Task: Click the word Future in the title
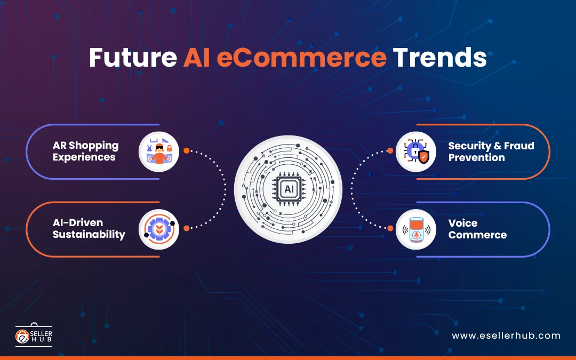(x=133, y=57)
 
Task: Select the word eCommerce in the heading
(x=301, y=57)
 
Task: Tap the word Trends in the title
(x=439, y=57)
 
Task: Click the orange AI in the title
(x=196, y=57)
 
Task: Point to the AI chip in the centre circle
(x=289, y=189)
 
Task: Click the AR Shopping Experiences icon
(x=159, y=151)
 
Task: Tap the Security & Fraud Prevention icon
(x=416, y=151)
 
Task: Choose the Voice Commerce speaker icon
(x=416, y=229)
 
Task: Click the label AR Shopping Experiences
(x=85, y=151)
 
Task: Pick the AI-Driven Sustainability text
(x=89, y=228)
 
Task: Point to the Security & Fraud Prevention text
(x=491, y=151)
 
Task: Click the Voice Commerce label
(x=477, y=229)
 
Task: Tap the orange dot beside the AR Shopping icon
(x=187, y=150)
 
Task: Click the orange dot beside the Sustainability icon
(x=187, y=228)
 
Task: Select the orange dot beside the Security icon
(x=390, y=150)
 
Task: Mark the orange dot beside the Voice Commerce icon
(x=390, y=228)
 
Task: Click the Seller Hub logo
(x=34, y=335)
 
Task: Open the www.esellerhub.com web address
(x=506, y=336)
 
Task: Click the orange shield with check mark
(x=424, y=157)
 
